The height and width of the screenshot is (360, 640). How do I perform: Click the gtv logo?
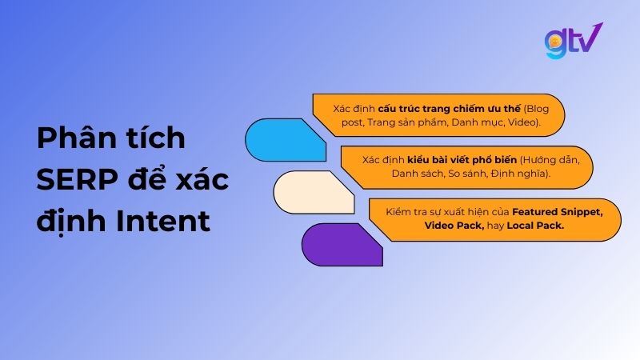click(573, 42)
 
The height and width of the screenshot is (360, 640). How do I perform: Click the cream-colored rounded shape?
click(312, 193)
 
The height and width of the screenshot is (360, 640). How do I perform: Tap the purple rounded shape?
click(340, 244)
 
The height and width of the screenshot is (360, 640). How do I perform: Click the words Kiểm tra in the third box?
click(401, 212)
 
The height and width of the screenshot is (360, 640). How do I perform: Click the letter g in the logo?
click(555, 45)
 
